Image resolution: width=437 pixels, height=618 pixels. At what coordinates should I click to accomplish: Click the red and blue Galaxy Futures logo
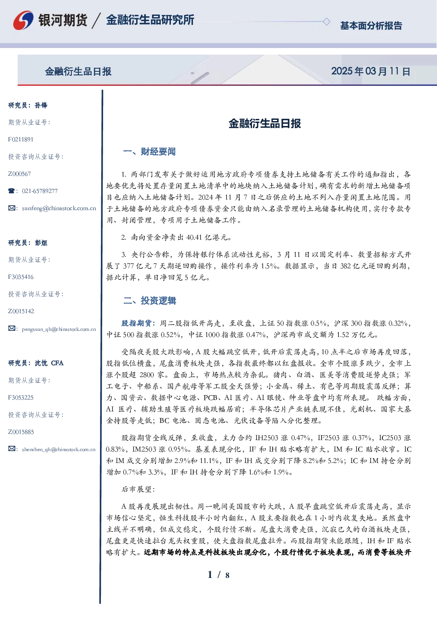23,20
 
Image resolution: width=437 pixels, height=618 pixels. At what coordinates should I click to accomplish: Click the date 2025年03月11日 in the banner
370,71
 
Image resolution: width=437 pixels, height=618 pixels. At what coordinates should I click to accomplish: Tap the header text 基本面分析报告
371,26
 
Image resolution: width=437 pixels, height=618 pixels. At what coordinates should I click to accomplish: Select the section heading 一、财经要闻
149,152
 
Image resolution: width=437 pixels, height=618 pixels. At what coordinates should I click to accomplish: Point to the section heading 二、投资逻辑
149,300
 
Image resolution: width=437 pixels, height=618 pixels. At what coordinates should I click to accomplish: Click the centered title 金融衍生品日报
265,123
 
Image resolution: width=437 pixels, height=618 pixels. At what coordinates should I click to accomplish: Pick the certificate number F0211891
21,139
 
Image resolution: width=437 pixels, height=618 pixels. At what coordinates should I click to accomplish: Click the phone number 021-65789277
40,191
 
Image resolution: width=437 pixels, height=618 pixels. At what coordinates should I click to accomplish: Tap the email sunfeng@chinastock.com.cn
59,208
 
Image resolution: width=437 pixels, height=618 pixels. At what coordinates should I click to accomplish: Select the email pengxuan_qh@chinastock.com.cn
59,329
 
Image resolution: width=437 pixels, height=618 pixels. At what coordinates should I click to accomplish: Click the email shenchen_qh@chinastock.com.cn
59,449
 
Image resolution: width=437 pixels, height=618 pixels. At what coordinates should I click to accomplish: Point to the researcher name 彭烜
41,243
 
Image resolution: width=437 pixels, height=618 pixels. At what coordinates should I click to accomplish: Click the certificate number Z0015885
21,432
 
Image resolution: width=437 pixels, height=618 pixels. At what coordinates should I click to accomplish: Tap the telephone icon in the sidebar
11,191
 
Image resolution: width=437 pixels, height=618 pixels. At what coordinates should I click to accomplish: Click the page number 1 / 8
218,575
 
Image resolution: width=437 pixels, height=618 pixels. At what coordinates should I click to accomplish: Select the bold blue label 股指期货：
139,323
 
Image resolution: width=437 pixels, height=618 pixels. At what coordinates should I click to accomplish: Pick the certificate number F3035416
21,277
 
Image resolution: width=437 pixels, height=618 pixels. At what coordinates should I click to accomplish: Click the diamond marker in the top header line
326,22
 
